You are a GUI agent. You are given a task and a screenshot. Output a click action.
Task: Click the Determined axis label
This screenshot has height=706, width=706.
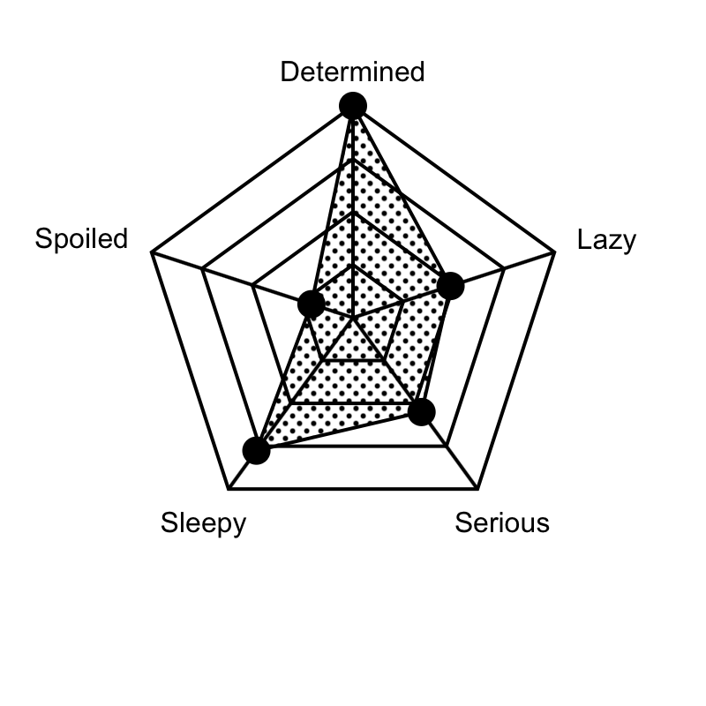[x=352, y=71]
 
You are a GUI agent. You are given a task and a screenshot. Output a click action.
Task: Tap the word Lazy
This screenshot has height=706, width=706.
[x=606, y=240]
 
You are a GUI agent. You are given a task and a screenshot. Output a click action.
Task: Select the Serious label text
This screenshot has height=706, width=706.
[x=502, y=522]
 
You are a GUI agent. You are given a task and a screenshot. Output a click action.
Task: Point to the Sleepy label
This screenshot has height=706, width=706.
[x=204, y=523]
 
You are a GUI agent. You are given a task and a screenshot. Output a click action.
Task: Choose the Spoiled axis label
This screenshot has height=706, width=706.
[x=81, y=239]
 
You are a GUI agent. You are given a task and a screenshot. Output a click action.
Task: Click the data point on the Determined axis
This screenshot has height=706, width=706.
[x=353, y=106]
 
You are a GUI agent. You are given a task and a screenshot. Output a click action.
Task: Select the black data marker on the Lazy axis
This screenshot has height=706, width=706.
[x=450, y=285]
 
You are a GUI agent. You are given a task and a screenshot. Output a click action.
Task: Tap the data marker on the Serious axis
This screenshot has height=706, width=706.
[x=422, y=411]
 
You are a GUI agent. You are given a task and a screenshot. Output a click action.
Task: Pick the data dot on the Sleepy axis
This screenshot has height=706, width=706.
[x=256, y=450]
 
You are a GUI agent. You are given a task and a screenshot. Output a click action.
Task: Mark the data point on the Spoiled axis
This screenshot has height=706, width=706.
[x=312, y=304]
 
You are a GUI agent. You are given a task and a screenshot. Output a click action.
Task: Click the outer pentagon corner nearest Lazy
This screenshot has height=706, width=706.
[x=554, y=252]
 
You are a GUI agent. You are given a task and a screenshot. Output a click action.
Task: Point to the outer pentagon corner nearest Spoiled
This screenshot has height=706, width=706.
[x=152, y=252]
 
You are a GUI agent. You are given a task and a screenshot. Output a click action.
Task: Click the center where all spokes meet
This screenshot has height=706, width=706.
[x=353, y=318]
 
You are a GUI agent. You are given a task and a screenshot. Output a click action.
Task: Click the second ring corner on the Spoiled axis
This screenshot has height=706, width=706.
[x=252, y=285]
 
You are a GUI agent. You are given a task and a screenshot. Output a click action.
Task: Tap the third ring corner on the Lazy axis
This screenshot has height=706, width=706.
[x=504, y=269]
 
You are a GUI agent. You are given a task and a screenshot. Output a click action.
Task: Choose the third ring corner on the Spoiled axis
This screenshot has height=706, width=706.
[x=202, y=269]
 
